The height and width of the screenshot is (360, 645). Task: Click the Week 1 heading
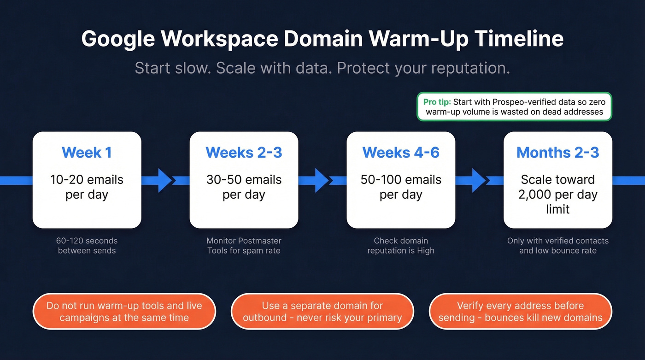click(87, 153)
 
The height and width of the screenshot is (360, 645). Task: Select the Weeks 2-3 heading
click(244, 153)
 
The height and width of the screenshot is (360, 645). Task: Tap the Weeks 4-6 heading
click(401, 153)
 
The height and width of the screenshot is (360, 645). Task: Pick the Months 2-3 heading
click(557, 153)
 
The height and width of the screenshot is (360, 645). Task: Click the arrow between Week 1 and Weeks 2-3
click(165, 180)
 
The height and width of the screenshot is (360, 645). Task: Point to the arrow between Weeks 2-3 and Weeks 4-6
click(322, 180)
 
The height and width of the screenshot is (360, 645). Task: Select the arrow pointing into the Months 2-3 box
click(479, 180)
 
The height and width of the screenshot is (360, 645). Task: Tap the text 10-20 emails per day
click(87, 187)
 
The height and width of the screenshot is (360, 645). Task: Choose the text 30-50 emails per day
click(244, 187)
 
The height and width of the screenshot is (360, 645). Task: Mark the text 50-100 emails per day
click(401, 187)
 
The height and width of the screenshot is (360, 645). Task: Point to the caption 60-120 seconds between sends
click(87, 246)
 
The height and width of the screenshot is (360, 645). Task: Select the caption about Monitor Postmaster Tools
click(244, 246)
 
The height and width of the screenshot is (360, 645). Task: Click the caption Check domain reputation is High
click(401, 246)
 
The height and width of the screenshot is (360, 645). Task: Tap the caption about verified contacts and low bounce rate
click(557, 246)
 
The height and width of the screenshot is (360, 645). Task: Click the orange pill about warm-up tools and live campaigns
click(124, 312)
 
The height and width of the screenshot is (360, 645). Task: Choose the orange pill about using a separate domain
click(322, 312)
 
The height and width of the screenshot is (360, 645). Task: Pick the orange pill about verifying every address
click(520, 312)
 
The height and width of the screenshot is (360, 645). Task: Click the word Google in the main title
click(117, 39)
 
